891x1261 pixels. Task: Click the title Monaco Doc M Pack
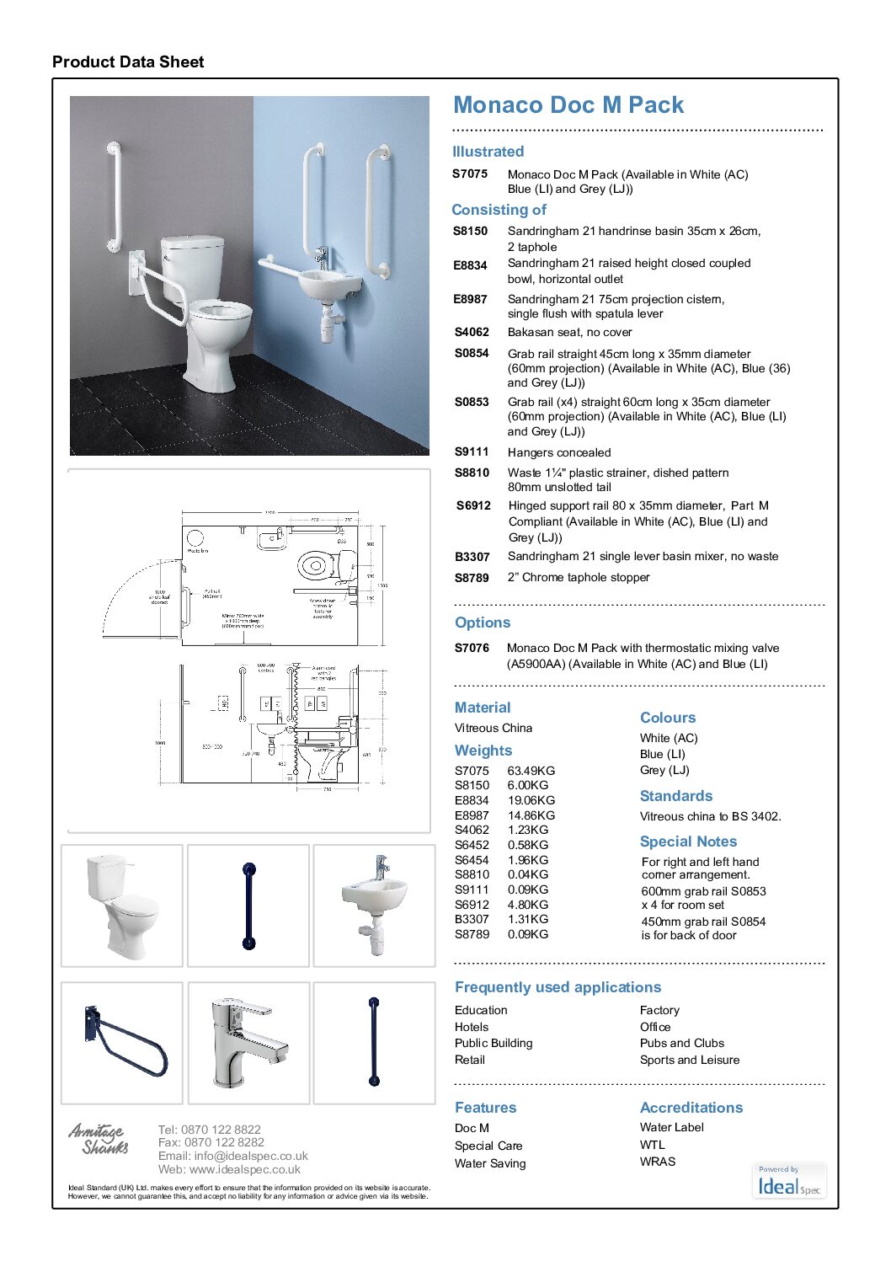(568, 105)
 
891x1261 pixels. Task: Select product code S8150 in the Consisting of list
(470, 231)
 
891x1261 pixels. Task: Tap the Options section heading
(483, 622)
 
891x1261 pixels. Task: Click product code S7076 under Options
(472, 648)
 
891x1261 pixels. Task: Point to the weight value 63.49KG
(531, 771)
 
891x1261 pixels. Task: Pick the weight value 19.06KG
(531, 800)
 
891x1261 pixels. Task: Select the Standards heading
(676, 796)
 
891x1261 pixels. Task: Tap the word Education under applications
(481, 1010)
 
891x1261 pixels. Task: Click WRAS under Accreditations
(658, 1162)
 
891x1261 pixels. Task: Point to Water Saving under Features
(490, 1163)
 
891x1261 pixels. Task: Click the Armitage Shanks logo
(99, 1138)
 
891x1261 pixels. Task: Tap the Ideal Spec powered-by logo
(789, 1182)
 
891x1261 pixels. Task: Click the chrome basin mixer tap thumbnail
(248, 1043)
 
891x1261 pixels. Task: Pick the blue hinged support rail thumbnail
(123, 1043)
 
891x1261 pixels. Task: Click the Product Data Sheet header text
(128, 61)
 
